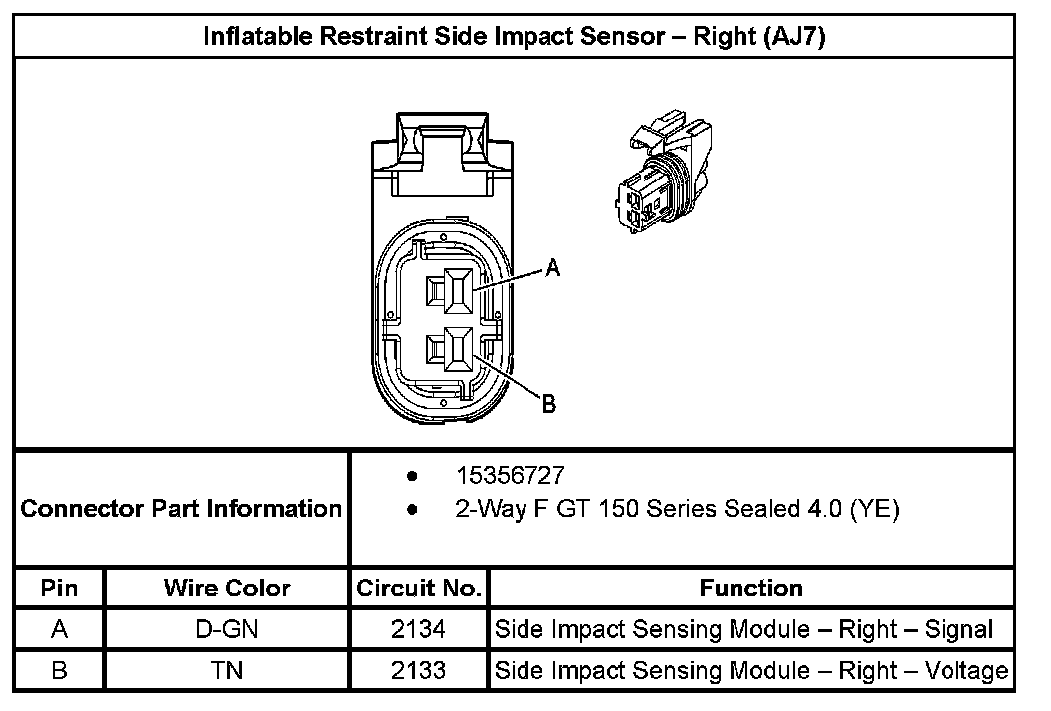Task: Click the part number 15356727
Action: coord(511,476)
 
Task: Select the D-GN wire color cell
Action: coord(227,629)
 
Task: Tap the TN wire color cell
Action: coord(227,670)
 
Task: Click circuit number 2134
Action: coord(419,629)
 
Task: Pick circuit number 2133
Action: coord(419,670)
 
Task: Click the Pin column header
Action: coord(59,588)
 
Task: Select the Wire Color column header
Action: coord(227,588)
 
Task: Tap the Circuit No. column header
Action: coord(419,588)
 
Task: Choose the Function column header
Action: coord(750,588)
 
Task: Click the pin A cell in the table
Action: coord(59,629)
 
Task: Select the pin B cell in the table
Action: coord(59,670)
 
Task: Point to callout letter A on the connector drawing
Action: coord(553,267)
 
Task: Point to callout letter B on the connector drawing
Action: coord(548,404)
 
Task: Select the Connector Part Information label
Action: coord(181,509)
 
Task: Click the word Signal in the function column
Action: coord(958,629)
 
